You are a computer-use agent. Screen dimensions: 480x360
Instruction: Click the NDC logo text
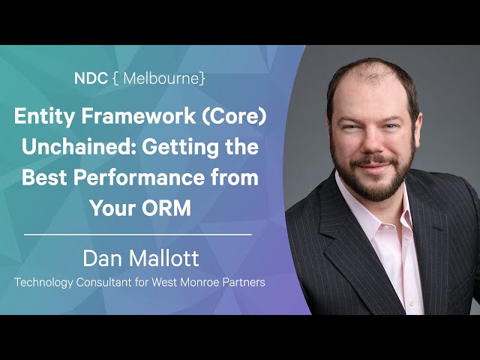[91, 78]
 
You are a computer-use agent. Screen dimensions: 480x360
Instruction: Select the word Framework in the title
[138, 116]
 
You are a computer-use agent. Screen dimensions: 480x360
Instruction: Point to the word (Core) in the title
[234, 117]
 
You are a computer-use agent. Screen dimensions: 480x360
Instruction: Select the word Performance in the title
[139, 177]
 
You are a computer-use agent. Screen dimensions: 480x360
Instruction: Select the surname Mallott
[164, 258]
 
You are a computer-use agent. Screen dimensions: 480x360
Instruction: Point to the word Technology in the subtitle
[43, 283]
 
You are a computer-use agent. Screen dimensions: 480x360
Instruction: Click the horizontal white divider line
[138, 235]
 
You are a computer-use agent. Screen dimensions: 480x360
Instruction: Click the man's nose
[370, 143]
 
